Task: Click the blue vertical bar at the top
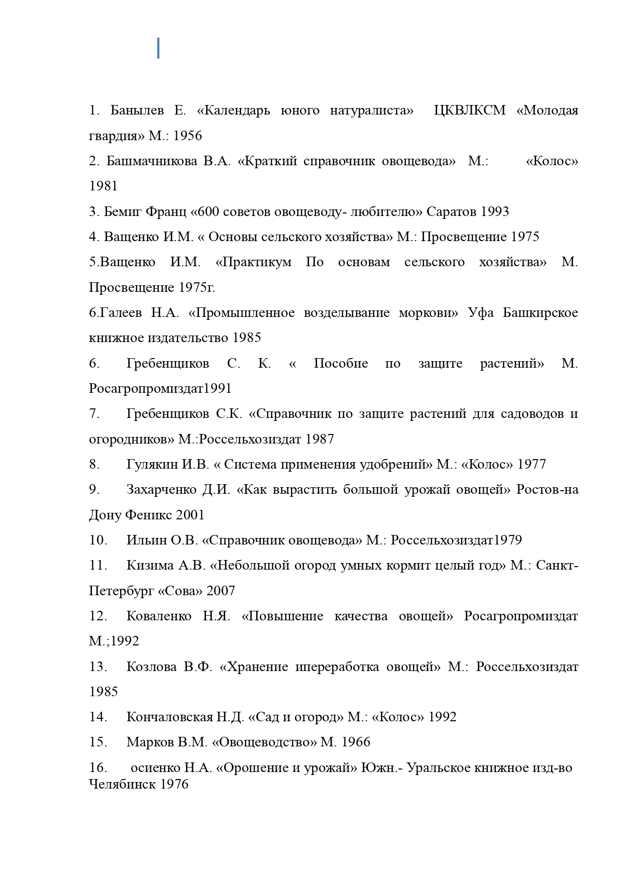click(158, 48)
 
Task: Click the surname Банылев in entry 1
click(137, 111)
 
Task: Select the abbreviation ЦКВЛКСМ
click(469, 111)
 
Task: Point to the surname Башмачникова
click(152, 161)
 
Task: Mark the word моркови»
click(429, 313)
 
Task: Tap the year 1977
click(532, 465)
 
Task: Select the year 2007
click(221, 591)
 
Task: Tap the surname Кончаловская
click(170, 717)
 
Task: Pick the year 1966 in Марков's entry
click(356, 742)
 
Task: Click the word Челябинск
click(122, 784)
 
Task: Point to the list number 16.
click(98, 768)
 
